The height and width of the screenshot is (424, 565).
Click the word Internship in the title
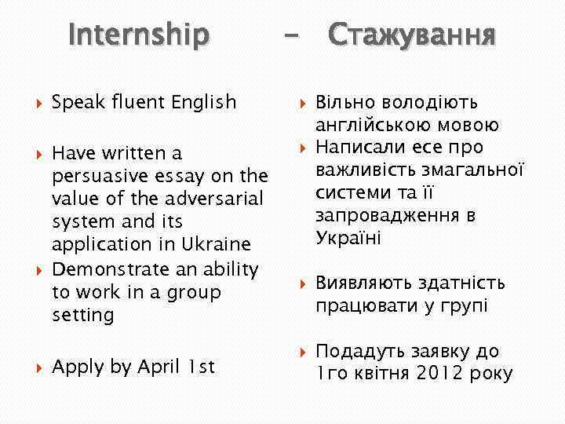[139, 35]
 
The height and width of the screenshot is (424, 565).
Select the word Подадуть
[358, 351]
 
